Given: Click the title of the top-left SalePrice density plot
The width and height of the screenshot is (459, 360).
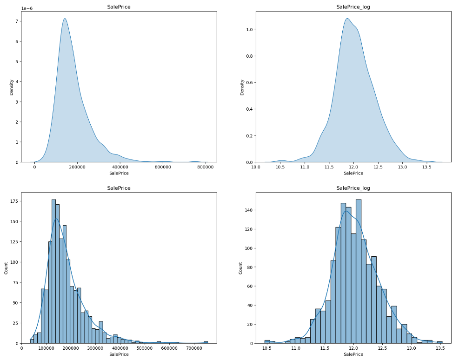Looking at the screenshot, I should coord(119,7).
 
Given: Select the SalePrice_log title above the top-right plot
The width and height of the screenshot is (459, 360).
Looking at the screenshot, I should coord(353,7).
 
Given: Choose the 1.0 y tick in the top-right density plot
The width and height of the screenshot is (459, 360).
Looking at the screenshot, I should coord(249,29).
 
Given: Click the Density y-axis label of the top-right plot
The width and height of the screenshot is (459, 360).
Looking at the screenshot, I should coord(242,87).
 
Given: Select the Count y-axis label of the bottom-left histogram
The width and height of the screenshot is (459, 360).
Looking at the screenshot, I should coord(7,268).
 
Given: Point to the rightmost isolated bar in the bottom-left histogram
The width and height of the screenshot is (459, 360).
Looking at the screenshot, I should coord(206,342).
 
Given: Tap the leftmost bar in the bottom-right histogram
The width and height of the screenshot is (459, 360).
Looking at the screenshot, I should coord(267,341).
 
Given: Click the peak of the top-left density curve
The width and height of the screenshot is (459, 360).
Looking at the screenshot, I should coord(65,19).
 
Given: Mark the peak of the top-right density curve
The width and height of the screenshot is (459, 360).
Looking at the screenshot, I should coord(347,19).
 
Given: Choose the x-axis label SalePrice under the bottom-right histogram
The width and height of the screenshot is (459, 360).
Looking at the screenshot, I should coord(353,354).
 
